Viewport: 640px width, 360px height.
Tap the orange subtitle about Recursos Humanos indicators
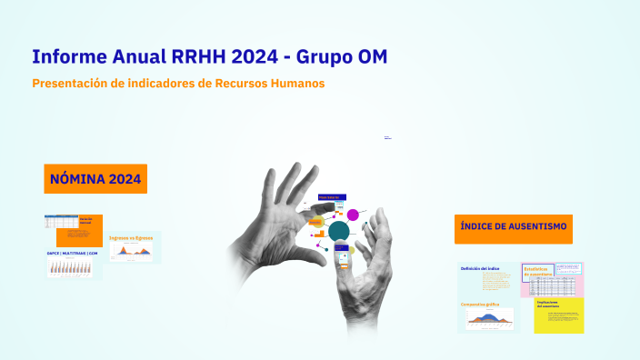click(x=178, y=84)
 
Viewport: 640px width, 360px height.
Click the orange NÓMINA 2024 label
click(x=95, y=179)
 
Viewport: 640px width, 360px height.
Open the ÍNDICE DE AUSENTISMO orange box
click(x=514, y=227)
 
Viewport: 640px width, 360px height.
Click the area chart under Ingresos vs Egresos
click(x=133, y=253)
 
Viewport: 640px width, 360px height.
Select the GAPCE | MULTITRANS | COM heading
click(x=72, y=253)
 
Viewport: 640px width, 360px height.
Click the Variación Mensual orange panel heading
click(x=87, y=221)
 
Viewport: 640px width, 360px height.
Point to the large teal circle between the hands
click(x=339, y=231)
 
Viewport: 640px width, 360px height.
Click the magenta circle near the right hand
click(x=353, y=215)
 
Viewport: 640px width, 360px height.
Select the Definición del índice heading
click(x=481, y=268)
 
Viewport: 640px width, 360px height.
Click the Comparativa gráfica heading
click(x=481, y=305)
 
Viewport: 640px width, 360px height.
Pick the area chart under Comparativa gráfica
click(x=489, y=319)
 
